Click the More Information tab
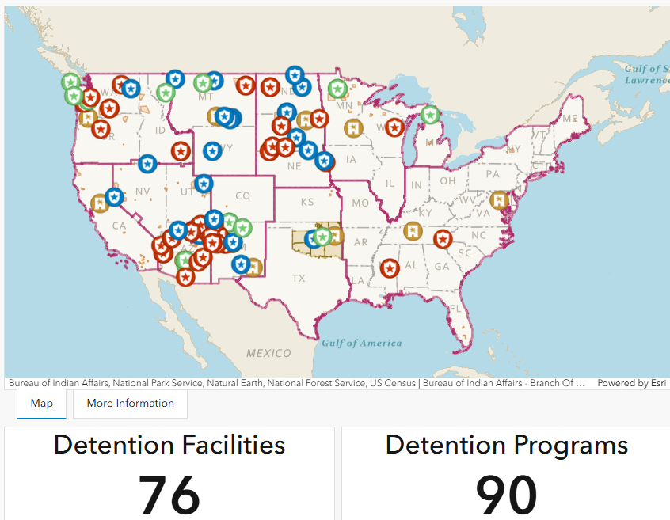[x=130, y=404]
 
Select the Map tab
[x=42, y=404]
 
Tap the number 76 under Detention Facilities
[x=169, y=495]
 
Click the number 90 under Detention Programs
[x=506, y=495]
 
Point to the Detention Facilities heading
[x=169, y=445]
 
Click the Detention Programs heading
[x=506, y=445]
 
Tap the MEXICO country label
[x=268, y=353]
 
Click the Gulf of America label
[x=361, y=343]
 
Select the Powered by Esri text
[x=631, y=383]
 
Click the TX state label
[x=299, y=278]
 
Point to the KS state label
[x=306, y=203]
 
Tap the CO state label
[x=242, y=195]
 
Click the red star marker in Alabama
[x=389, y=268]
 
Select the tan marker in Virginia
[x=498, y=200]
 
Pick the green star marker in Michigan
[x=430, y=116]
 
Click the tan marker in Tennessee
[x=412, y=232]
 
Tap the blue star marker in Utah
[x=204, y=184]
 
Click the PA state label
[x=493, y=173]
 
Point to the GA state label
[x=441, y=267]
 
